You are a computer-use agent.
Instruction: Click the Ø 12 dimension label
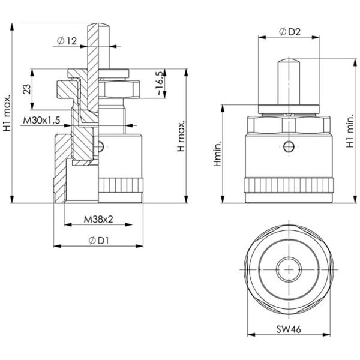pos(67,41)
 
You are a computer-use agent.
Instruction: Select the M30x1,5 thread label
pos(41,120)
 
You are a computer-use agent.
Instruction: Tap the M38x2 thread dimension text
pos(98,220)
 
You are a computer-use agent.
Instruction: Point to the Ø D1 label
pos(98,241)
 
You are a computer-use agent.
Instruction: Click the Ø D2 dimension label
pos(290,32)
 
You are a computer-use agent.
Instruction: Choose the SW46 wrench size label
pos(289,329)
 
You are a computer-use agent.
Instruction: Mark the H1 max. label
pos(7,113)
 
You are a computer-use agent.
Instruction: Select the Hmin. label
pos(217,154)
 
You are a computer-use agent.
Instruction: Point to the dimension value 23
pos(27,89)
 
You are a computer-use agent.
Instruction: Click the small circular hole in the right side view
pos(289,146)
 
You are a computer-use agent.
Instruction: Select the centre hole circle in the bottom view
pos(289,269)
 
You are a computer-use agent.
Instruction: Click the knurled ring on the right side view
pos(289,185)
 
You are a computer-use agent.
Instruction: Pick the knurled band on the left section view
pos(121,185)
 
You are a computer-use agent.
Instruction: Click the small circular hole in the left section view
pos(101,146)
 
